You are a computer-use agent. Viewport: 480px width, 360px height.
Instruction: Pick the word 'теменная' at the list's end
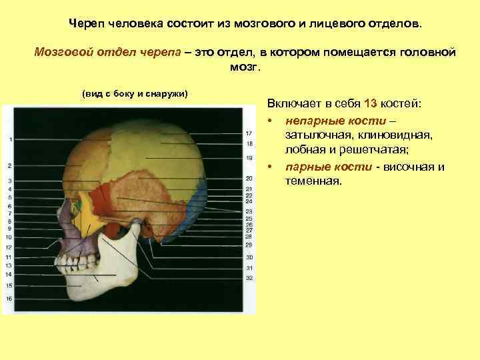(313, 180)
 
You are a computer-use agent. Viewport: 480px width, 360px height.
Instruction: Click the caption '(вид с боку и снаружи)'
(135, 93)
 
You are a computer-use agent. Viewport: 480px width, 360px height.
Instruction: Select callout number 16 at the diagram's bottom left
(10, 299)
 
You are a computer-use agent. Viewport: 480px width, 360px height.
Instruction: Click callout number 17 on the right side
(249, 134)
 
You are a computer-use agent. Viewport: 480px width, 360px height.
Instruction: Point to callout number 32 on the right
(249, 278)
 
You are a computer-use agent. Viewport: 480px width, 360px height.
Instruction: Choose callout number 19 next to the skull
(249, 158)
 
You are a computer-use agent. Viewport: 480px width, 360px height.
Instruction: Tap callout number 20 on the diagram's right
(249, 179)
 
